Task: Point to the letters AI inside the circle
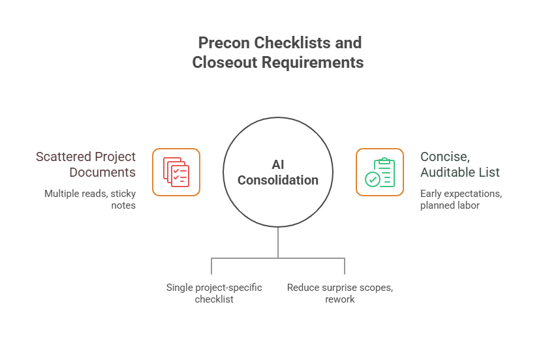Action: [x=278, y=165]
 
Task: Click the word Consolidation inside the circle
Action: [x=278, y=180]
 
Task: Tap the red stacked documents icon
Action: [x=176, y=172]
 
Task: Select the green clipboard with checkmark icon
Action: [x=380, y=172]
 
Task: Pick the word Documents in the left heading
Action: [x=104, y=173]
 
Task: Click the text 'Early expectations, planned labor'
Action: [x=461, y=200]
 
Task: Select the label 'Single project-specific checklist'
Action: [x=214, y=293]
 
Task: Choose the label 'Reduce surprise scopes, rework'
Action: [x=339, y=293]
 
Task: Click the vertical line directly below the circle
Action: [x=278, y=243]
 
